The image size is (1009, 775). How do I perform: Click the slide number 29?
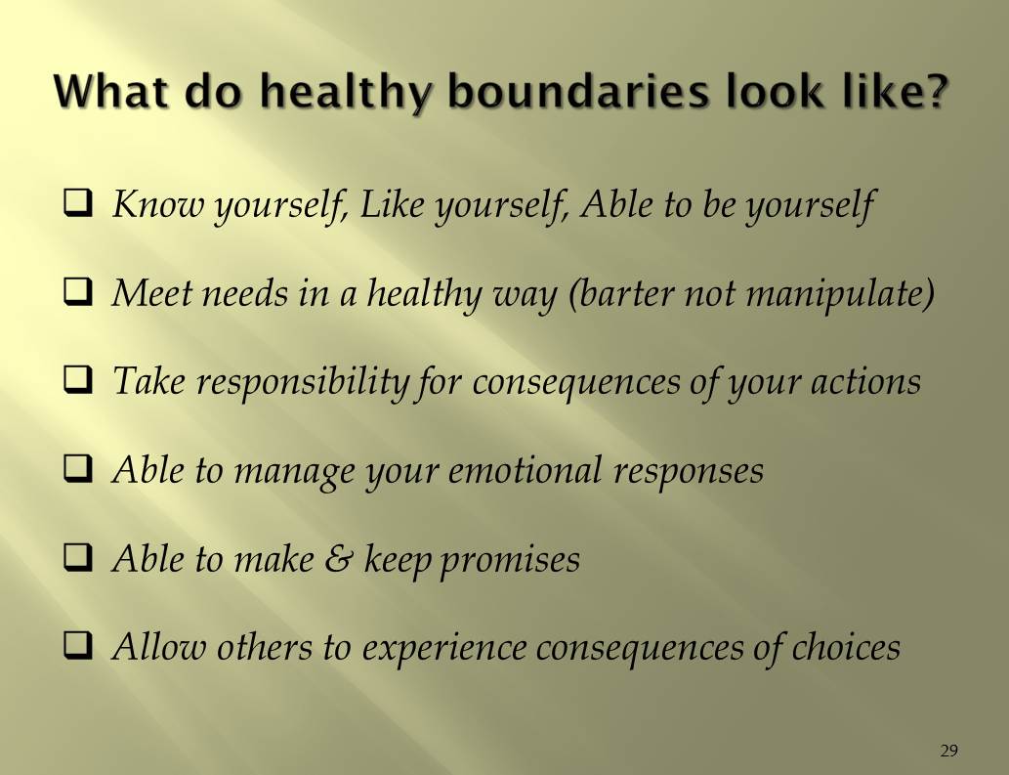[948, 751]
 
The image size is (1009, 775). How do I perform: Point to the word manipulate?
[839, 293]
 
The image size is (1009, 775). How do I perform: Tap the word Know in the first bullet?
[147, 204]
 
